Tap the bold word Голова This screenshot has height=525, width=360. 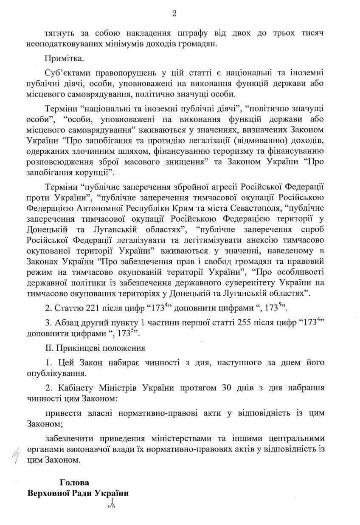pyautogui.click(x=75, y=483)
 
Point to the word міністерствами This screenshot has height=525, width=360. pyautogui.click(x=172, y=438)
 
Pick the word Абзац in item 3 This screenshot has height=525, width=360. pyautogui.click(x=64, y=323)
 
